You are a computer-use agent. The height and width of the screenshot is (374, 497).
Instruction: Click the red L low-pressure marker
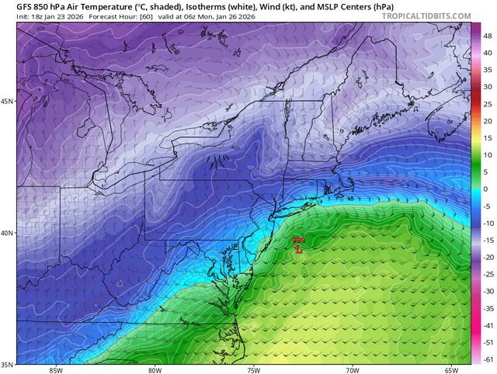pos(298,249)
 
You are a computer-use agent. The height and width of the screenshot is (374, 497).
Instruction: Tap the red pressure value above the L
pos(298,241)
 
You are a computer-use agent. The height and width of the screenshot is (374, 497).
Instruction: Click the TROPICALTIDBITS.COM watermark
pos(426,16)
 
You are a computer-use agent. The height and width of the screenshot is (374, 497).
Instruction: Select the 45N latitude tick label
pos(8,102)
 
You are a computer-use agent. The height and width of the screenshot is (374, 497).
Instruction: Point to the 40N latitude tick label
pos(8,233)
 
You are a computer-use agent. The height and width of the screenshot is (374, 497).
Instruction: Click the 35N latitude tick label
pos(8,364)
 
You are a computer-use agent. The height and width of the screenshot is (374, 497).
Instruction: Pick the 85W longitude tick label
pos(55,370)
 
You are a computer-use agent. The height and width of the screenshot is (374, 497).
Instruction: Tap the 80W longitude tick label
pos(154,370)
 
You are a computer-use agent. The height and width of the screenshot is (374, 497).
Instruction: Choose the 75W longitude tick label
pos(253,370)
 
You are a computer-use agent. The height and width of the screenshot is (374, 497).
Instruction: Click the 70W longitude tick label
pos(352,370)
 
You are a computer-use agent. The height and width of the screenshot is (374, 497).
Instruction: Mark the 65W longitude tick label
pos(451,370)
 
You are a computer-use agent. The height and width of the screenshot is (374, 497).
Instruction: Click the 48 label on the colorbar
pos(485,36)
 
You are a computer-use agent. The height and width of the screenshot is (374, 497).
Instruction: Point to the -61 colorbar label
pos(486,358)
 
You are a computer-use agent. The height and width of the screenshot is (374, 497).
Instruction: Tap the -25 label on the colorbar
pos(486,274)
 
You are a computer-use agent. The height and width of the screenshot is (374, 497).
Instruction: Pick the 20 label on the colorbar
pos(485,121)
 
